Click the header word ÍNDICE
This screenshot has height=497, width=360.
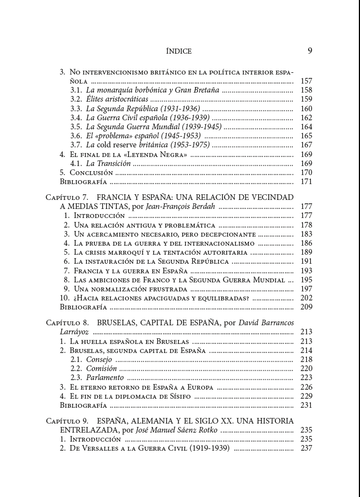(179, 51)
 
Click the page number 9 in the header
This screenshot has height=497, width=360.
(310, 50)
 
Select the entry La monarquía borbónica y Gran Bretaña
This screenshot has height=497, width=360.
(152, 90)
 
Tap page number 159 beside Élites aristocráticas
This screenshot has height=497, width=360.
(306, 99)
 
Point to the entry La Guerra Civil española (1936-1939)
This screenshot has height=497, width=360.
(148, 118)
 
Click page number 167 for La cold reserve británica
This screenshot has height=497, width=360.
(306, 145)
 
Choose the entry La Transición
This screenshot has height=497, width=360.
(108, 164)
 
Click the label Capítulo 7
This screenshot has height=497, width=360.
(67, 198)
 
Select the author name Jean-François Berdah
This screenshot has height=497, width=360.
(180, 207)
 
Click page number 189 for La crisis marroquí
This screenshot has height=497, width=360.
(306, 252)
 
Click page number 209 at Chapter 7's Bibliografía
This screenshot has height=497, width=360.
(306, 307)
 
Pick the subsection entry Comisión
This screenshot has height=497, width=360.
(102, 369)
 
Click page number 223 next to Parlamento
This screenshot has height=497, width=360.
(306, 378)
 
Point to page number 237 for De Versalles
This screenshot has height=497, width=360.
(306, 448)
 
